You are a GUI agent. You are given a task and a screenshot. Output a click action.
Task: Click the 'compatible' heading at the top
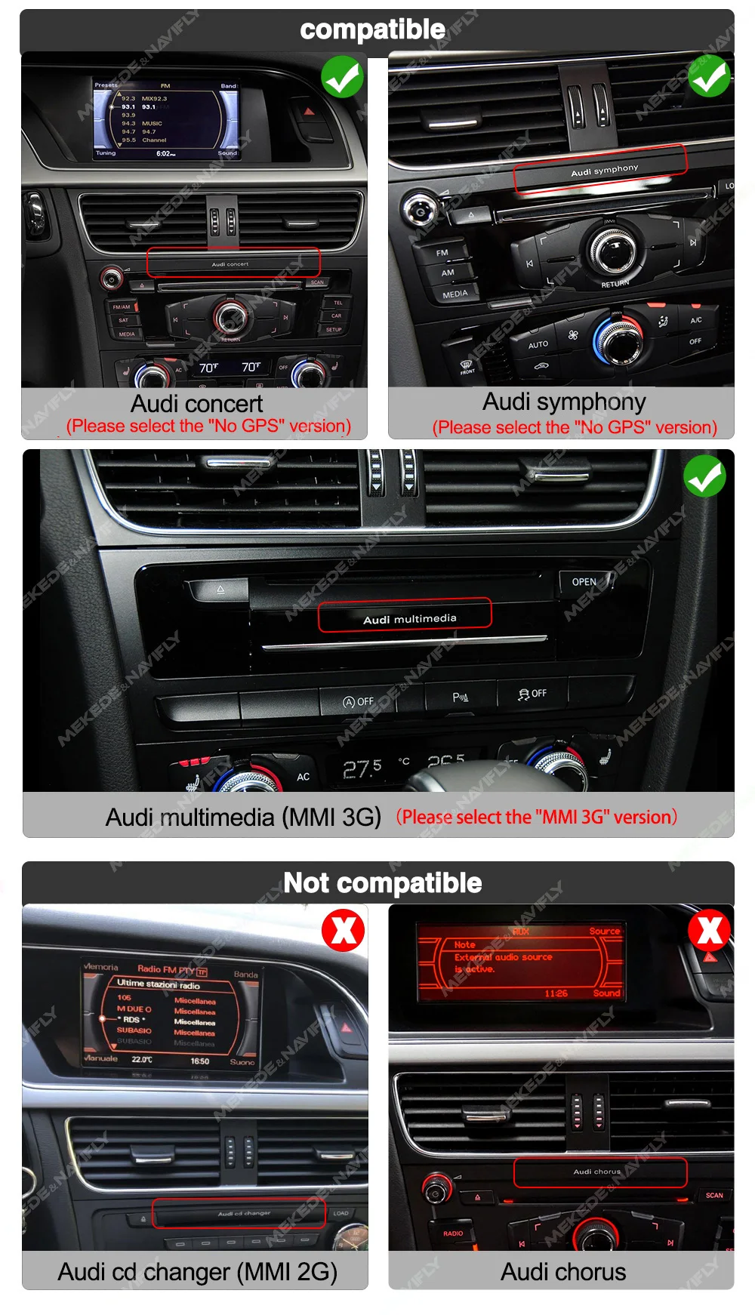click(x=372, y=29)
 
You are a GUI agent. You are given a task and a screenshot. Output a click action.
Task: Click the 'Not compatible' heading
click(x=382, y=882)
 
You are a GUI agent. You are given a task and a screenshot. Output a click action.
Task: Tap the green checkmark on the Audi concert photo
click(x=342, y=76)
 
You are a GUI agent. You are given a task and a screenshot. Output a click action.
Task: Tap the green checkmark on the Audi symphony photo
click(x=709, y=76)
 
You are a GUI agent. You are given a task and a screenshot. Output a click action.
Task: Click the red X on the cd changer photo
click(x=344, y=930)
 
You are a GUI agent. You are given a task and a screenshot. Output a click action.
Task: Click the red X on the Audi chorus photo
click(x=709, y=929)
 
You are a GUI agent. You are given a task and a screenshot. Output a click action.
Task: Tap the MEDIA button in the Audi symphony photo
click(x=455, y=294)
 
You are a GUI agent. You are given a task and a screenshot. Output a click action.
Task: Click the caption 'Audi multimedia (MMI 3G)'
click(x=243, y=818)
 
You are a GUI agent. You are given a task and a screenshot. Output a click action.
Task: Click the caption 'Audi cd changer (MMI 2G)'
click(x=197, y=1272)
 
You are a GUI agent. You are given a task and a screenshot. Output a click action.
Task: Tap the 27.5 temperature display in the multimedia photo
click(x=362, y=769)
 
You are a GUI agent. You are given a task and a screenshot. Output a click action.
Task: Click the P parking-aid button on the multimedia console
click(x=461, y=697)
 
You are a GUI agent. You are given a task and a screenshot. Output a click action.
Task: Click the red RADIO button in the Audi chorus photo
click(x=453, y=1233)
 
